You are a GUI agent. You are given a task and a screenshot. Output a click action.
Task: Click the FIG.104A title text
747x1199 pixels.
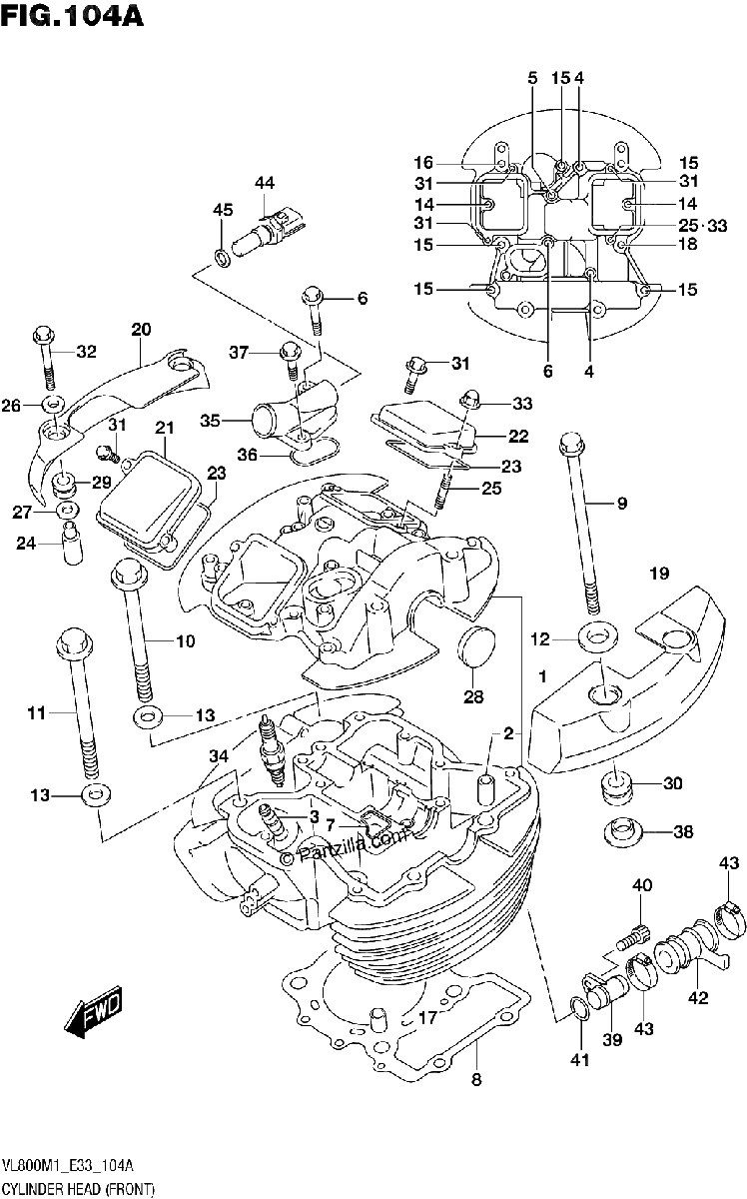click(x=72, y=15)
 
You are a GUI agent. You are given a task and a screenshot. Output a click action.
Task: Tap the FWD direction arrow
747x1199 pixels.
click(x=94, y=1010)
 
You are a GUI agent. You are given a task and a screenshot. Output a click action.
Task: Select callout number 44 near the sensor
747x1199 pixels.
click(x=265, y=183)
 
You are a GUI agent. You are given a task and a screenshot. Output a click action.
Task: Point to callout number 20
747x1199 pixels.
click(x=141, y=329)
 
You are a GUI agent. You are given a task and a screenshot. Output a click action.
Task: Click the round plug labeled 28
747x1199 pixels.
click(x=475, y=647)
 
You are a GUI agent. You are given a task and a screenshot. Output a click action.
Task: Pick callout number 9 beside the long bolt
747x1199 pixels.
click(x=621, y=504)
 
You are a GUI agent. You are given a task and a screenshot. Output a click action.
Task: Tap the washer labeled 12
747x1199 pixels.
click(x=596, y=637)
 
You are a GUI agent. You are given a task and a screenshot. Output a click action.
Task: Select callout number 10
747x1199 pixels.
click(x=185, y=640)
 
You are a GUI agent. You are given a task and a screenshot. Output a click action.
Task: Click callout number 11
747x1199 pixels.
click(x=37, y=712)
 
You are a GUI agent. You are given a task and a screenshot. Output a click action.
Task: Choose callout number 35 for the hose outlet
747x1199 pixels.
click(x=210, y=421)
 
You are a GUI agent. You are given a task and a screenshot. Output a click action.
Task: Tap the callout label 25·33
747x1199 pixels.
click(x=703, y=226)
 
